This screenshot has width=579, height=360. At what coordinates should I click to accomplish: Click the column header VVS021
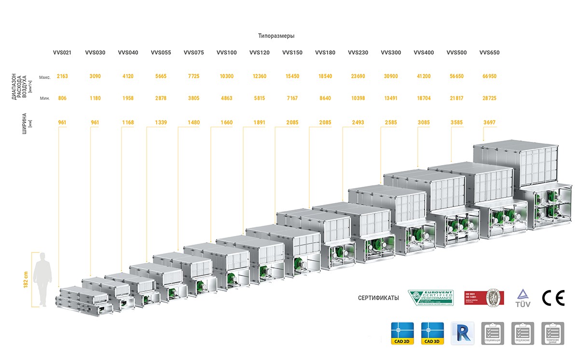click(62, 53)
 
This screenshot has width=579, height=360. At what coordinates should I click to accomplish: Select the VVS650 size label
click(489, 53)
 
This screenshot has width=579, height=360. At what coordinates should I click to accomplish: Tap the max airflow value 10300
click(226, 76)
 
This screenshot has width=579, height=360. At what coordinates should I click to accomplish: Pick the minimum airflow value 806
click(62, 98)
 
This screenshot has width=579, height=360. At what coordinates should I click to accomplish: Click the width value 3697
click(489, 123)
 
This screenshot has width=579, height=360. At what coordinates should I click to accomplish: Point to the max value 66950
click(489, 76)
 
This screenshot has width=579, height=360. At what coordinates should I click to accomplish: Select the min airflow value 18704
click(423, 98)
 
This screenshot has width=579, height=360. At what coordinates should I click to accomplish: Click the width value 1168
click(128, 123)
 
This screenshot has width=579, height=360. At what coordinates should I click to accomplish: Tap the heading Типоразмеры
click(276, 36)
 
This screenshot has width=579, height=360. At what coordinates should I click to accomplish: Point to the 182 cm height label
click(27, 278)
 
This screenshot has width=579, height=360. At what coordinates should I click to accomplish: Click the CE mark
click(553, 298)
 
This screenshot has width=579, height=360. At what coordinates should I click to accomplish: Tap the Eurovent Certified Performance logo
click(431, 298)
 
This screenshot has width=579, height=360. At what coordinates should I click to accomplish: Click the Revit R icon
click(462, 333)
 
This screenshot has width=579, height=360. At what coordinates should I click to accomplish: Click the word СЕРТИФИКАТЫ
click(378, 298)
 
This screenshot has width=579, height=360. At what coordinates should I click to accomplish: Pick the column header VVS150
click(292, 53)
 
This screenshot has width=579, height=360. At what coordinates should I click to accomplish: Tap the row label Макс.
click(45, 77)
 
